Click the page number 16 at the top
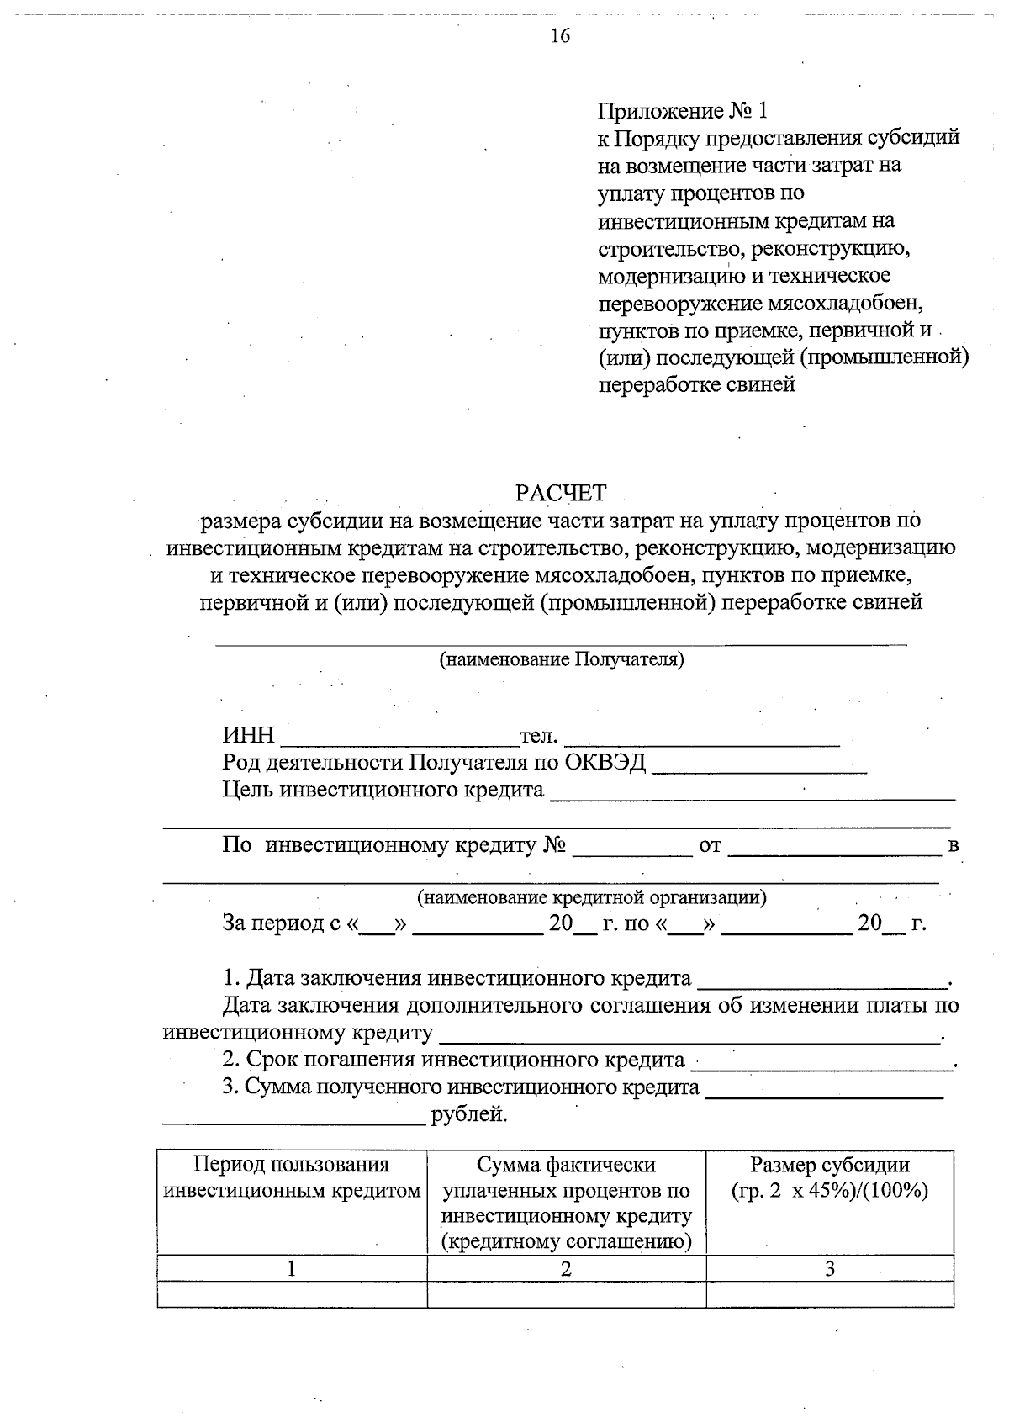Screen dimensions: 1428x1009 tap(560, 35)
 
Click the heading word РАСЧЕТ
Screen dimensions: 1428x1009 tap(561, 493)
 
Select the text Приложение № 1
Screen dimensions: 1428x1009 tap(683, 111)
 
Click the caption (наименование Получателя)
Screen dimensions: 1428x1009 tap(562, 659)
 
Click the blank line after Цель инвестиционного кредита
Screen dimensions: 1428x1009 tap(752, 791)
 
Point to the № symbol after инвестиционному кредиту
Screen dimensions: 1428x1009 tap(552, 846)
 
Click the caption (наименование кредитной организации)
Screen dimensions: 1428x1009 tap(592, 897)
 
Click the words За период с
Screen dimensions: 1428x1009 tap(280, 923)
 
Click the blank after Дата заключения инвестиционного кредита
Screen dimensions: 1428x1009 tap(821, 980)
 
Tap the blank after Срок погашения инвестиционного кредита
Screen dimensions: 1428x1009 tap(821, 1061)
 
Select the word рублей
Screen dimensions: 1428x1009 tap(469, 1116)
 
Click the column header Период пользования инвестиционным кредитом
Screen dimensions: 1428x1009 tap(292, 1178)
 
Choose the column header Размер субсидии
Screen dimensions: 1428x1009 tap(830, 1166)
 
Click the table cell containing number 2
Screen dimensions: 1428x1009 tap(566, 1269)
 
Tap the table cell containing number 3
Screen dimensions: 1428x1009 tap(830, 1269)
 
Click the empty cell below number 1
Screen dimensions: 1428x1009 tap(292, 1294)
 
